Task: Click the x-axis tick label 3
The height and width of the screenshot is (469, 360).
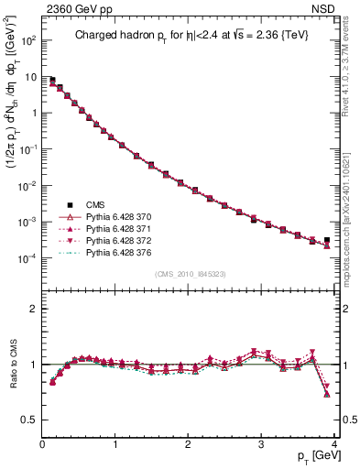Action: point(261,443)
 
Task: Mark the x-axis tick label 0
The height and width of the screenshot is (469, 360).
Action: point(42,443)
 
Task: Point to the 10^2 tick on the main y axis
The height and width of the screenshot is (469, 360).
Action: point(27,40)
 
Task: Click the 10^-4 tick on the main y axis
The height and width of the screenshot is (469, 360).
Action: point(27,258)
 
